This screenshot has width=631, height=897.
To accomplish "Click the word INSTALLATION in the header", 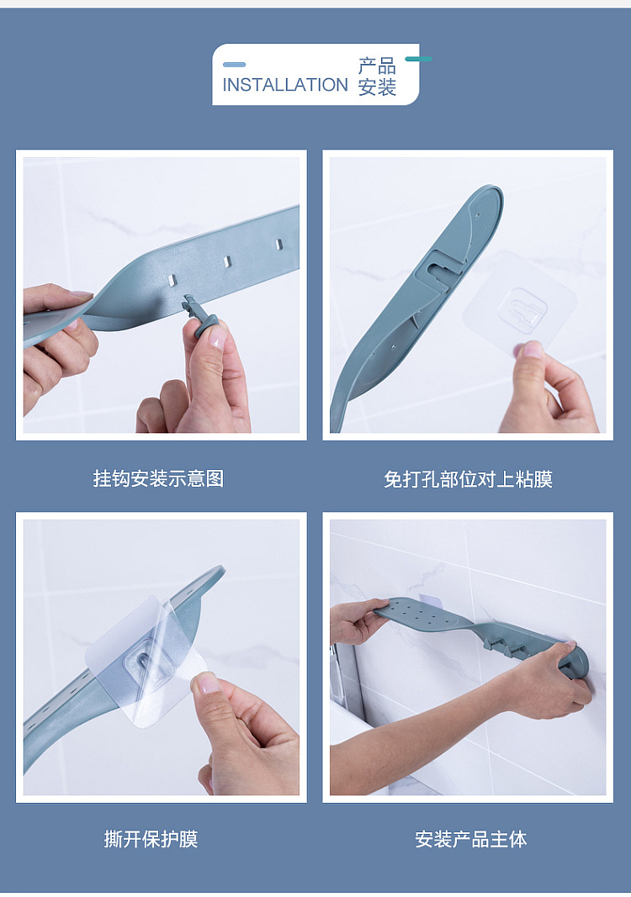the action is (x=284, y=85).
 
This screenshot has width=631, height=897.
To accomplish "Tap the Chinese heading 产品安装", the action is (x=378, y=77).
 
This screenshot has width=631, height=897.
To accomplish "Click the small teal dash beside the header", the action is (x=419, y=59).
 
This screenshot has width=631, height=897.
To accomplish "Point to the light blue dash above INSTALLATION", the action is (x=234, y=65).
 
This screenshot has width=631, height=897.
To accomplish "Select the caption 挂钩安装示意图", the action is (x=159, y=478).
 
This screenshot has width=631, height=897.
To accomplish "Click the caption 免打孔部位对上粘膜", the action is (x=468, y=479).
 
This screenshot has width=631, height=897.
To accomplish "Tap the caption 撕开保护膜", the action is (x=151, y=839).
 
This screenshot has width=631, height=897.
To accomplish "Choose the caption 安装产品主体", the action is (x=470, y=839).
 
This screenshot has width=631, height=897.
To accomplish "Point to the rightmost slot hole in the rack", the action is (x=278, y=245).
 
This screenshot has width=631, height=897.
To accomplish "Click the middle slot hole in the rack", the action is (x=227, y=262).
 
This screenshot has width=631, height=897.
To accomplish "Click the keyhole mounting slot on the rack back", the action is (x=442, y=267).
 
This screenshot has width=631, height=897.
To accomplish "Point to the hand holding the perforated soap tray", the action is (x=356, y=620).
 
